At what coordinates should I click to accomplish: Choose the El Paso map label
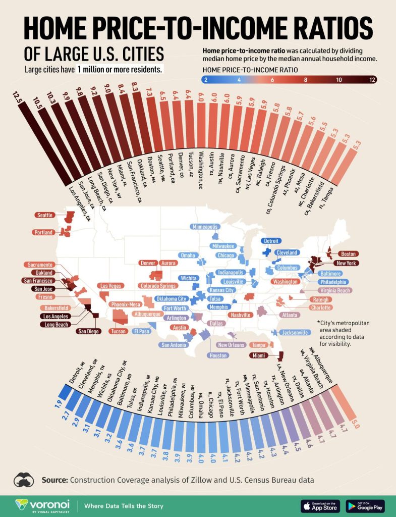point(141,332)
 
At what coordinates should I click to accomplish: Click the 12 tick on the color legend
point(372,79)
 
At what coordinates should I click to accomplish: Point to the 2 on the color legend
point(206,79)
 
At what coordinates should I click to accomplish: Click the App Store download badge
point(320,505)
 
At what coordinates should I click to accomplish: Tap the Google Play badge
point(365,505)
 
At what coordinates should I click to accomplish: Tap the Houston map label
point(218,355)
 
